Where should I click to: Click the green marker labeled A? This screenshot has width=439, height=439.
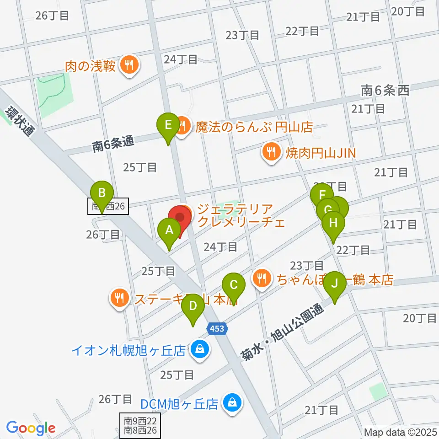click(169, 231)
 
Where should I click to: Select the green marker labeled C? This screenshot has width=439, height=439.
click(233, 286)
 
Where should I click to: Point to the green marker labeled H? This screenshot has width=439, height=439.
click(333, 224)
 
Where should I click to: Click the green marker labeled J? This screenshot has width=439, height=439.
click(335, 284)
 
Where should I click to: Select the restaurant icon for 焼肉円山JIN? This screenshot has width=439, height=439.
click(271, 152)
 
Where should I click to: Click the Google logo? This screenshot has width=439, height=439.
click(31, 428)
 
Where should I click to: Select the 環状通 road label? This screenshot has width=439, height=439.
click(21, 121)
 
